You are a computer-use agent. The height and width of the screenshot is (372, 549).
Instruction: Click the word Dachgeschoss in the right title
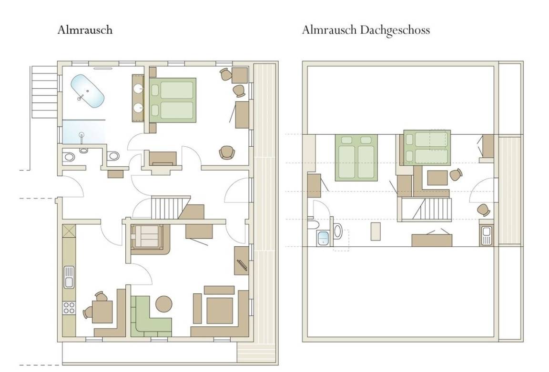(x=395, y=30)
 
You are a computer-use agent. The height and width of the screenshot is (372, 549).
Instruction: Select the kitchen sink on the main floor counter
(x=69, y=277)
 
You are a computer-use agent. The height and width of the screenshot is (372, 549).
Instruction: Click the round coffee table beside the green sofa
(x=164, y=304)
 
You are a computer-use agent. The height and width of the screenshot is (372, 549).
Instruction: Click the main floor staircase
(x=169, y=207)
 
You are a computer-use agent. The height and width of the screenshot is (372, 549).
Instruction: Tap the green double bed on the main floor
(x=173, y=100)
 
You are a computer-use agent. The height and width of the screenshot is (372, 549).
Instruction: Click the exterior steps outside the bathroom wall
(x=44, y=91)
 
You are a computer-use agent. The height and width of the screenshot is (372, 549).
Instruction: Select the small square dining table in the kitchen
(x=102, y=312)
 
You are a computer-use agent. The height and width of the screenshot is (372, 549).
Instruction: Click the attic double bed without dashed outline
(x=356, y=158)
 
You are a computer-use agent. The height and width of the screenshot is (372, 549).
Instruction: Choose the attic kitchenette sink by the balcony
(x=486, y=235)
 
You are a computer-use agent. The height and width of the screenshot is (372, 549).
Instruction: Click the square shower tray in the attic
(x=323, y=238)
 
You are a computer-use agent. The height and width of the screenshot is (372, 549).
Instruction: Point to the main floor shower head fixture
(x=81, y=137)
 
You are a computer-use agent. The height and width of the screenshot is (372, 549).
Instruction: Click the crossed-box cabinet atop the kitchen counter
(x=69, y=231)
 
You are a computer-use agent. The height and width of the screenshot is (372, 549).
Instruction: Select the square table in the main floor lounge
(x=220, y=311)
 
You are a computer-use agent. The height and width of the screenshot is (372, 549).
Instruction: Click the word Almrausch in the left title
(x=85, y=30)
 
